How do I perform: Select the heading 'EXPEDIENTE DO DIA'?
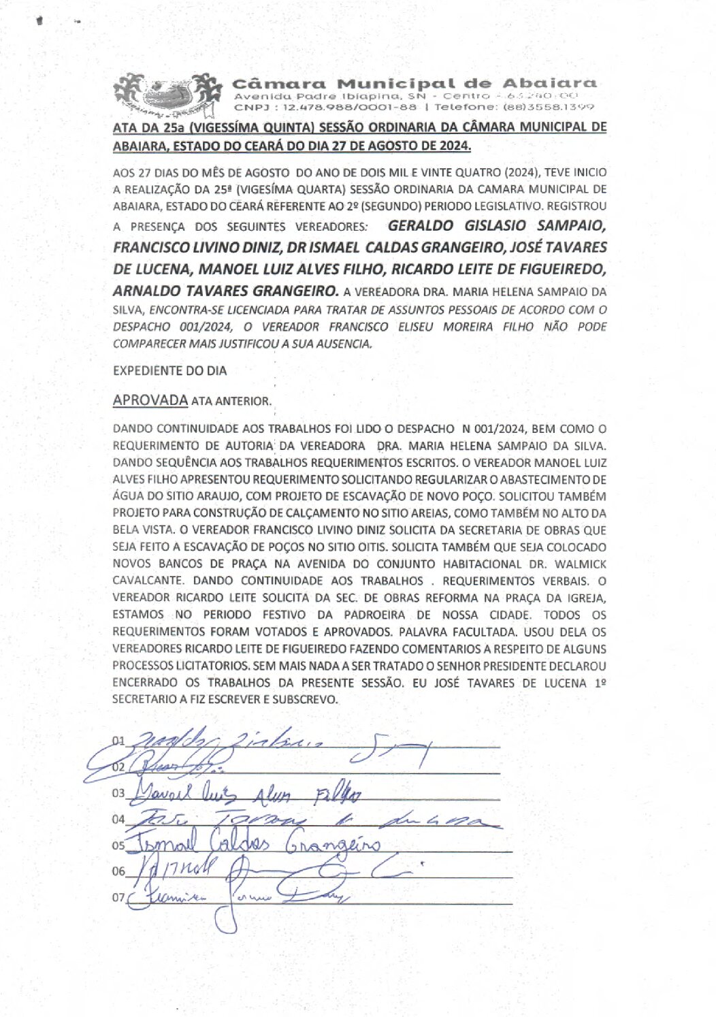[169, 371]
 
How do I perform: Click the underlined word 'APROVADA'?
[150, 400]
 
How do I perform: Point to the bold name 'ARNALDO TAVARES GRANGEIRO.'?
[225, 291]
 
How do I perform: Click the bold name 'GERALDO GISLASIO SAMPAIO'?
[496, 225]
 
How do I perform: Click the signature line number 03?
[118, 793]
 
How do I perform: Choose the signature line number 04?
[118, 820]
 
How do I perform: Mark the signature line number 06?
[118, 871]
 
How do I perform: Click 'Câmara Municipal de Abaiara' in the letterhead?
[414, 84]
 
